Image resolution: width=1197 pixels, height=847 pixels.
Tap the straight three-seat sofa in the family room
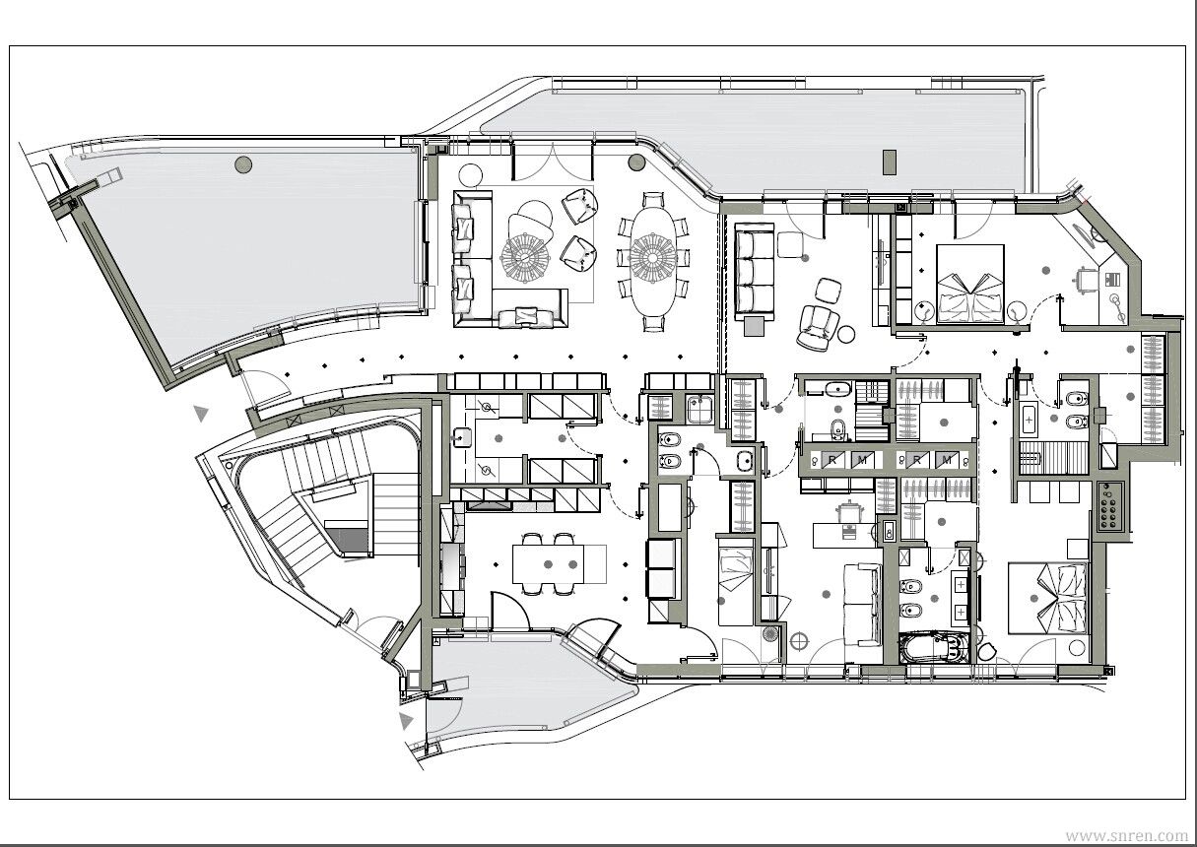(755, 272)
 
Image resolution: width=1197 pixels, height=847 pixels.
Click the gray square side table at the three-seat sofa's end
(754, 326)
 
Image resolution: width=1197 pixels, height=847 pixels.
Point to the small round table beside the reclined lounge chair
(846, 334)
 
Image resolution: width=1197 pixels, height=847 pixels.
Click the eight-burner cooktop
(1111, 506)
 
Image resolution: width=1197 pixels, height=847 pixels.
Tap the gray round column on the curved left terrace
(243, 164)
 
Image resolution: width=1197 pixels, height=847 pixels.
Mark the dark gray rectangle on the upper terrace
(890, 162)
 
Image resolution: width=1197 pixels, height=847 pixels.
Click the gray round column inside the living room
(636, 163)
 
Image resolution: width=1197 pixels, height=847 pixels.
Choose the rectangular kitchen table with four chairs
(559, 564)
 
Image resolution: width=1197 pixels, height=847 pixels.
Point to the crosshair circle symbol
(799, 641)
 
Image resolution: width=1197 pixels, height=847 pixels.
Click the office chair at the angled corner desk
(1086, 280)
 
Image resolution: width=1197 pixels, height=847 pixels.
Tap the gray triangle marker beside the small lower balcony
(406, 721)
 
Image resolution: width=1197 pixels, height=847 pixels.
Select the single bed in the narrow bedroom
(736, 582)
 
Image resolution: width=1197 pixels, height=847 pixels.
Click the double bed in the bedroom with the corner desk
(970, 284)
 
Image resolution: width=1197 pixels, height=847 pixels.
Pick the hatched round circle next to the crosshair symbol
(769, 634)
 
